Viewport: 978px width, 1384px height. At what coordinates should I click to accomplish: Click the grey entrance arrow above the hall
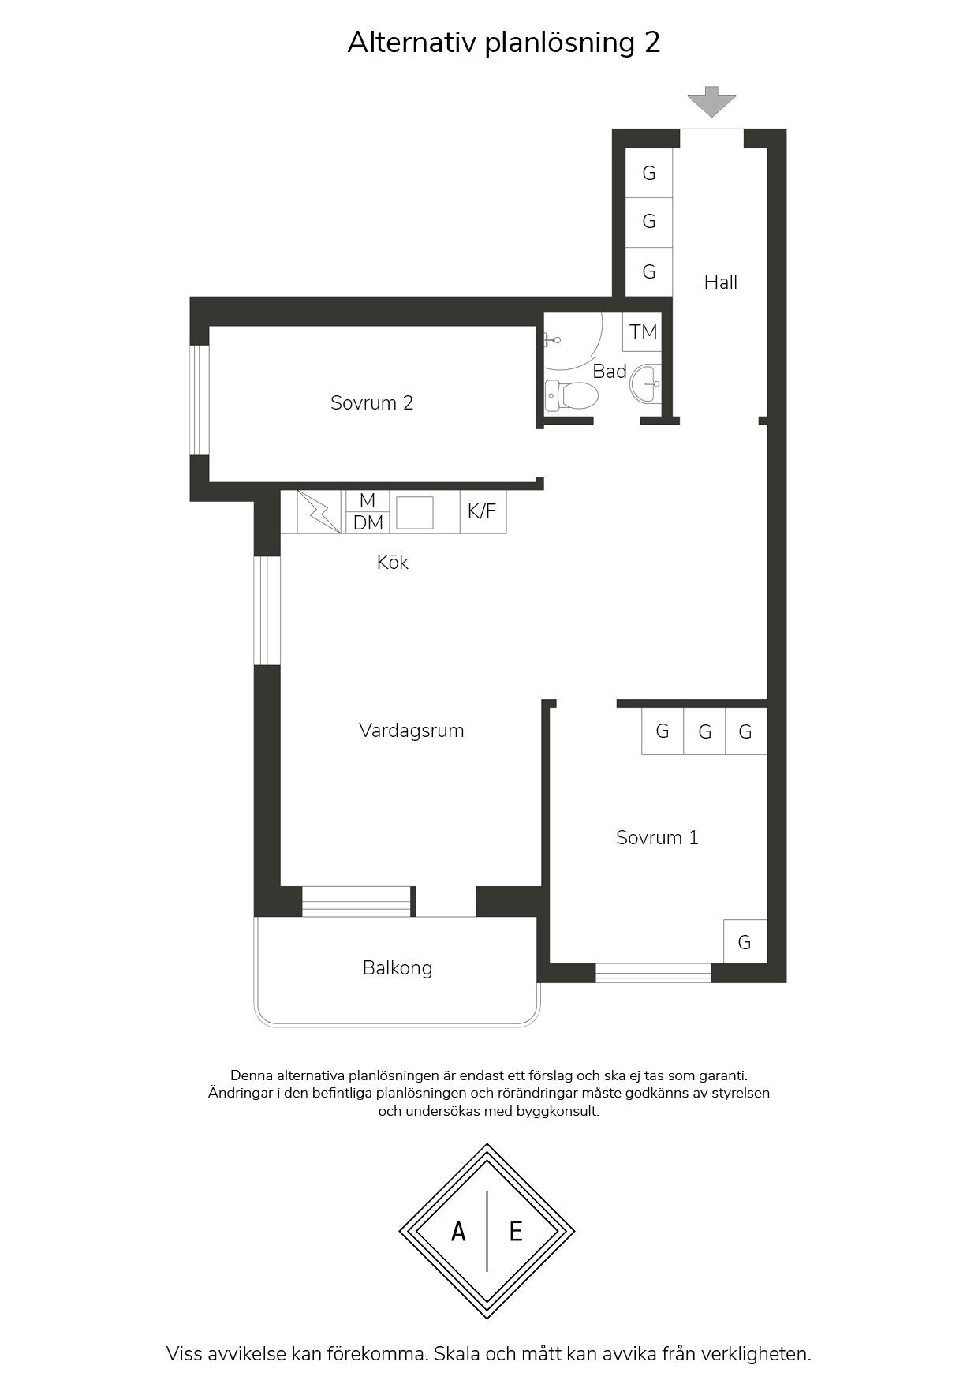711,102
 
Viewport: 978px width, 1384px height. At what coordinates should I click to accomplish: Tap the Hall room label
721,282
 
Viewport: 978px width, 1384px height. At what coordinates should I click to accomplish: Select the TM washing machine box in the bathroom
642,331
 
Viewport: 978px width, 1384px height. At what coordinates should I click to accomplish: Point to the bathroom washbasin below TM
648,384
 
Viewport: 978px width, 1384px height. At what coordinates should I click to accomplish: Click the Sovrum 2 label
371,402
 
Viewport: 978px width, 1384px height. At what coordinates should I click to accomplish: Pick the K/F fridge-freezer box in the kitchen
483,511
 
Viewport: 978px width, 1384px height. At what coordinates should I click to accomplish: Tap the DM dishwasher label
368,522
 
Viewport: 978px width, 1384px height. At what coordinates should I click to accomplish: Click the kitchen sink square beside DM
414,512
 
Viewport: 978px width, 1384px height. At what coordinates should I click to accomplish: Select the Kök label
393,562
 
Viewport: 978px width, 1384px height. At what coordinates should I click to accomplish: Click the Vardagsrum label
411,730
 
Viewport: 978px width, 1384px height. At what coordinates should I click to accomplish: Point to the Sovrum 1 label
657,837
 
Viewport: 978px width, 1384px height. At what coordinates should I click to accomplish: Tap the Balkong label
398,967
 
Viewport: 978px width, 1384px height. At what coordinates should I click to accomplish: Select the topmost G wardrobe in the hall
649,173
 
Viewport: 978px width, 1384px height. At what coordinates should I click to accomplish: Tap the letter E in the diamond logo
516,1231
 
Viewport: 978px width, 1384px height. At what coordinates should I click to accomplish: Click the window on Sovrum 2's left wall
200,400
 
